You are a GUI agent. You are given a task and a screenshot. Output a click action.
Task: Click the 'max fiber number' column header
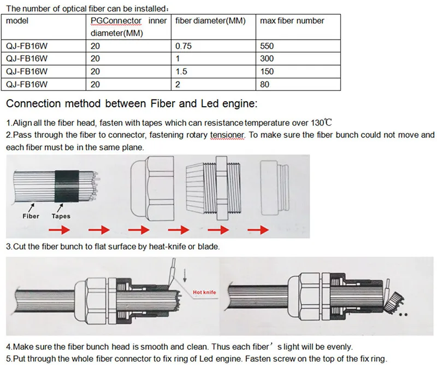(292, 21)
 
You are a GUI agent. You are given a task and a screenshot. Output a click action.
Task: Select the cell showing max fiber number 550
(268, 47)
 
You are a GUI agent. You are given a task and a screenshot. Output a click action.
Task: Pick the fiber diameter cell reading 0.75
(184, 47)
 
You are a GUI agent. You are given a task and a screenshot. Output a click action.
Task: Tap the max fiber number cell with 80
(265, 84)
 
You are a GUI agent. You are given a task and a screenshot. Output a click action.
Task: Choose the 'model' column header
(16, 21)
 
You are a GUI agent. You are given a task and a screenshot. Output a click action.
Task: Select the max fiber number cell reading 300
(268, 59)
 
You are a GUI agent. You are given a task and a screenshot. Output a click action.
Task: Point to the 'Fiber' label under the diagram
(31, 216)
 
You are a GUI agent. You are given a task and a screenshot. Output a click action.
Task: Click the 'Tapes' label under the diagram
(61, 216)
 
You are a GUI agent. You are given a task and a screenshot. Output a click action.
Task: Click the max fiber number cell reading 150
(268, 72)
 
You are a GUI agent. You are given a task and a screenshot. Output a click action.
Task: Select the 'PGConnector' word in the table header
(116, 21)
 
